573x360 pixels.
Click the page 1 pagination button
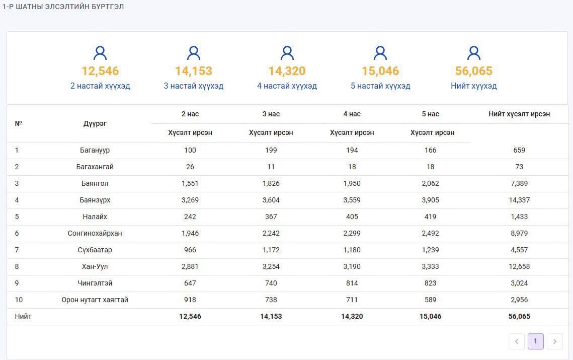coord(535,341)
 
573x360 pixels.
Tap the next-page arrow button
coord(555,341)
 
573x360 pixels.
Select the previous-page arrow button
coord(516,341)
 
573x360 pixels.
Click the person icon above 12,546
coord(100,53)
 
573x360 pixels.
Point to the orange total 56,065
coord(473,70)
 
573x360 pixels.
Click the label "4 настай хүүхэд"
coord(287,86)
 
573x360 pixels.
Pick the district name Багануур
coord(95,150)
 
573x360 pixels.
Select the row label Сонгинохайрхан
coord(95,233)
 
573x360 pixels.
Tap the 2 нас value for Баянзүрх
coord(190,200)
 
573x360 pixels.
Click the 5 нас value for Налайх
coord(431,217)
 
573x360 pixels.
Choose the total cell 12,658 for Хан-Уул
coord(519,266)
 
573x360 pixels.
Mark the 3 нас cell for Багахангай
coord(271,167)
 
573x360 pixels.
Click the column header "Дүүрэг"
coord(95,124)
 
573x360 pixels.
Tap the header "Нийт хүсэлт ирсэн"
coord(519,114)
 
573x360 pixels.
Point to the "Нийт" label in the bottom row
coord(23,317)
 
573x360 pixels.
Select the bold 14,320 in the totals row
coord(352,317)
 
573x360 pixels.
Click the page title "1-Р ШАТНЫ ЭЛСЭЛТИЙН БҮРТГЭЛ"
coord(63,7)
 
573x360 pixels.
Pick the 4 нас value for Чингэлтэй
coord(352,283)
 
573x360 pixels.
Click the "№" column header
coord(18,123)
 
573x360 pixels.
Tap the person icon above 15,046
coord(380,53)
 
